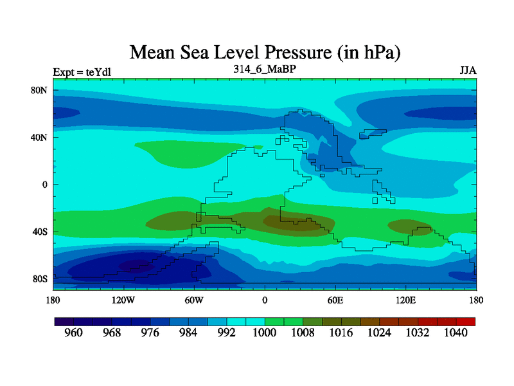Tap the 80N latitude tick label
click(40, 90)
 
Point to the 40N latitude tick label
click(40, 137)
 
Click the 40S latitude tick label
click(40, 232)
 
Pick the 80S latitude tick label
click(40, 279)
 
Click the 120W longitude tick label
click(123, 300)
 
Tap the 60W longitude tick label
click(195, 300)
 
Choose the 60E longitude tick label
click(335, 300)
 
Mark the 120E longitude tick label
click(405, 300)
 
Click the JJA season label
click(468, 70)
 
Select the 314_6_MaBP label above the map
click(264, 68)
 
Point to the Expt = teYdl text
click(82, 71)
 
